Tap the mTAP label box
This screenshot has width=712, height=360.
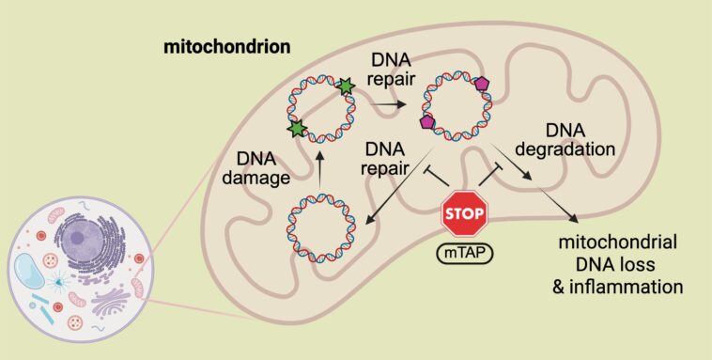click(x=465, y=253)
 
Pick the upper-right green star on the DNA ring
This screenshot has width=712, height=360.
click(x=347, y=86)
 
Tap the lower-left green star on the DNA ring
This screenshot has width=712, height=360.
click(x=298, y=126)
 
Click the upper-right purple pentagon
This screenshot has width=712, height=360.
click(x=483, y=83)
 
